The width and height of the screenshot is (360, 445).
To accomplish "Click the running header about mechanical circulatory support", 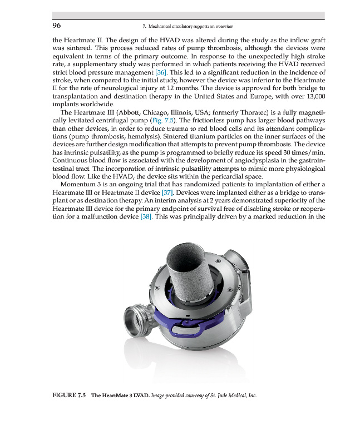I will coord(188,26).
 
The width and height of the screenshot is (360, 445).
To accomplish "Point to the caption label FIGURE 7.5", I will coord(70,395).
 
